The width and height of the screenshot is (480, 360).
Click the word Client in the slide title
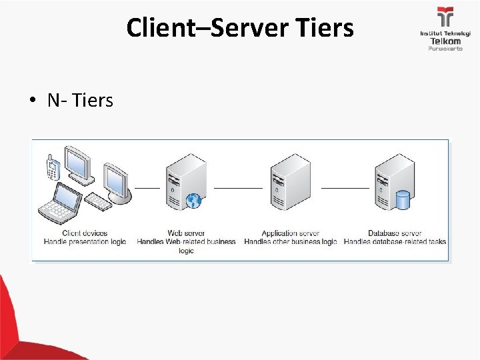pyautogui.click(x=154, y=29)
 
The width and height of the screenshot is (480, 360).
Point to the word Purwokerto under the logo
pyautogui.click(x=445, y=49)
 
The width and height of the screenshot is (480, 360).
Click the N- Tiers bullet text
pyautogui.click(x=80, y=101)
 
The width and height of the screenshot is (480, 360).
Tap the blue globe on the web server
pyautogui.click(x=194, y=199)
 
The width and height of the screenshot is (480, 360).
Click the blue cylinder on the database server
pyautogui.click(x=402, y=199)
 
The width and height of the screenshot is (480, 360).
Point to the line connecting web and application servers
pyautogui.click(x=238, y=187)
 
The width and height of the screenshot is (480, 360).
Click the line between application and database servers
pyautogui.click(x=345, y=187)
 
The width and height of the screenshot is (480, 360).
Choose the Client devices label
pyautogui.click(x=85, y=233)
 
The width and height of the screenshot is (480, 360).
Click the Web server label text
pyautogui.click(x=186, y=233)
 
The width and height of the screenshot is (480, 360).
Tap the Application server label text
pyautogui.click(x=291, y=233)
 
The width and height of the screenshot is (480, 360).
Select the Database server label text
pyautogui.click(x=395, y=233)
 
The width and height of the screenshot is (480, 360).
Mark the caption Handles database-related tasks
pyautogui.click(x=395, y=241)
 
